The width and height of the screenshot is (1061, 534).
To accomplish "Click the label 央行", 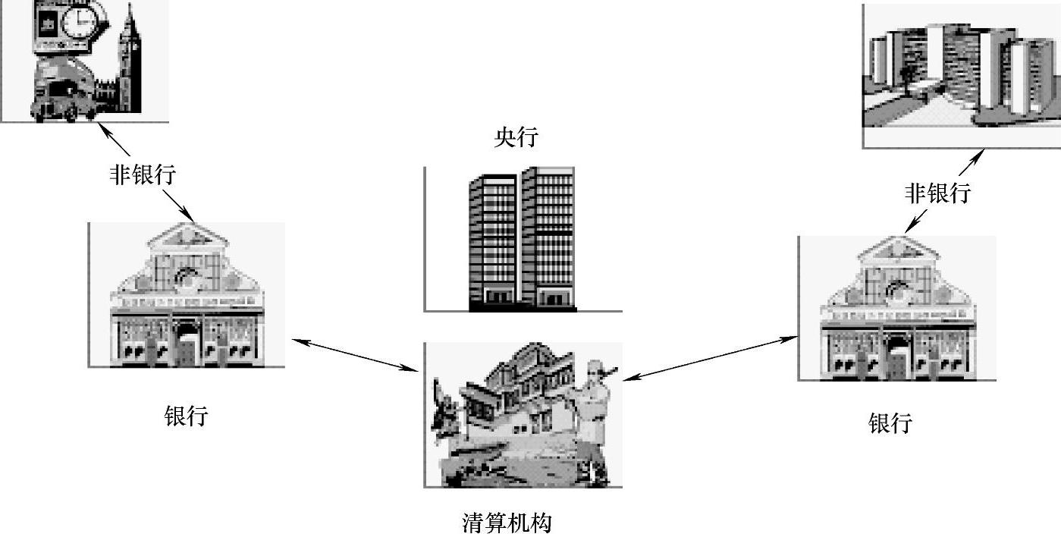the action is point(516,137).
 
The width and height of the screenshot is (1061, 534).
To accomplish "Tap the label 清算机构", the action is point(507,523).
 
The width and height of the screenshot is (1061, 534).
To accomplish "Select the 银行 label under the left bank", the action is point(186,416).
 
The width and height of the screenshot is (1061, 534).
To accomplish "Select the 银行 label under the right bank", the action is point(890,422).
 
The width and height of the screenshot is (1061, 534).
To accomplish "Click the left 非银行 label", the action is point(143,175).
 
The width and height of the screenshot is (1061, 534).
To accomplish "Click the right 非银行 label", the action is point(937,193).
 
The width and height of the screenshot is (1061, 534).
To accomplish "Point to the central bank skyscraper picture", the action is point(522,239).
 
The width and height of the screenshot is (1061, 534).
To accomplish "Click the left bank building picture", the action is point(187,296).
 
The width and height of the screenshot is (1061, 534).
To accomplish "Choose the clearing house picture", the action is point(523,414).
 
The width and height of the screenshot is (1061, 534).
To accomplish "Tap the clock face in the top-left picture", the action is point(76,23).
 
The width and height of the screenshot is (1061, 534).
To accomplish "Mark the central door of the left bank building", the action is point(187,349).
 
